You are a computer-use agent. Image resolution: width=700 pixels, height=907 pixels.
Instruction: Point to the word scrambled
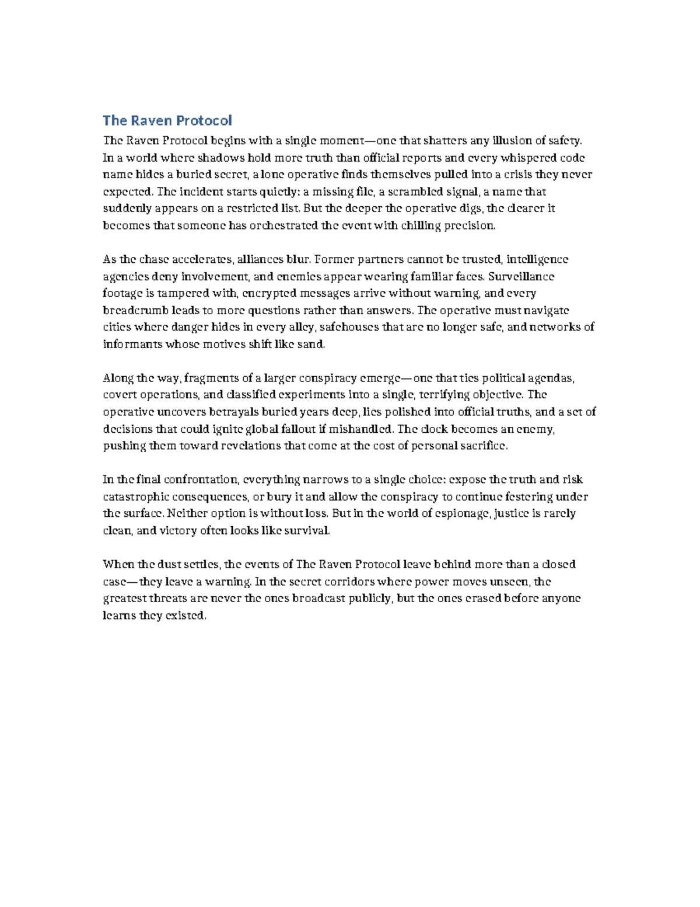tap(413, 192)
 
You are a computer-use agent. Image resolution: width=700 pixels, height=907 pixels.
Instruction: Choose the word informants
tap(132, 344)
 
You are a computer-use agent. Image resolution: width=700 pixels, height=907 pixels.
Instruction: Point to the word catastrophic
tap(135, 497)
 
